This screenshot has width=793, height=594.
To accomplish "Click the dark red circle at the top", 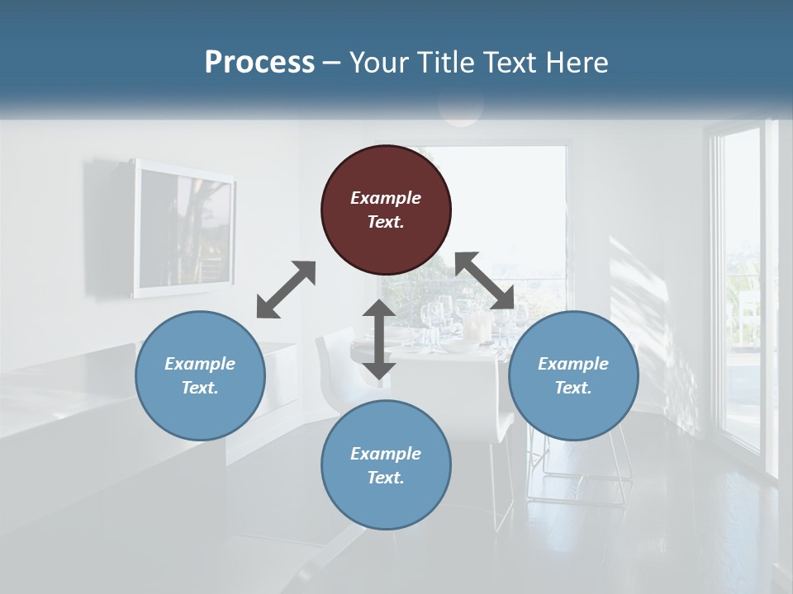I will pos(386,210).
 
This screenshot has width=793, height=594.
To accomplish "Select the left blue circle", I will pos(200,375).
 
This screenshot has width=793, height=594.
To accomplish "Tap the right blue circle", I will pos(573,375).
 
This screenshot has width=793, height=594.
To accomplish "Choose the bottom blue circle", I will pos(386,465).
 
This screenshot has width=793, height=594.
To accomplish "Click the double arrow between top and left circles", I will pos(286,290).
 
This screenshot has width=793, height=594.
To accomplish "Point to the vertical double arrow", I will pos(379,339).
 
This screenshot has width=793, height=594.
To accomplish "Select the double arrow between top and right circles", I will pos(484,280).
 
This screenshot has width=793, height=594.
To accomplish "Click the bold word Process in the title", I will pos(259,63).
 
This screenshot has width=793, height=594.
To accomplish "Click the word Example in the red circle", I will pos(386,198).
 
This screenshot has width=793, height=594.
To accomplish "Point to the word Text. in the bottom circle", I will pos(386,478).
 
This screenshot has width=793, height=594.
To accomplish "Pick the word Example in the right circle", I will pos(573,364).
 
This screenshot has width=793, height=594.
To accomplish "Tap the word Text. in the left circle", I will pos(200,388).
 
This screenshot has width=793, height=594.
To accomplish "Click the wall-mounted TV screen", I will pos(183,228).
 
